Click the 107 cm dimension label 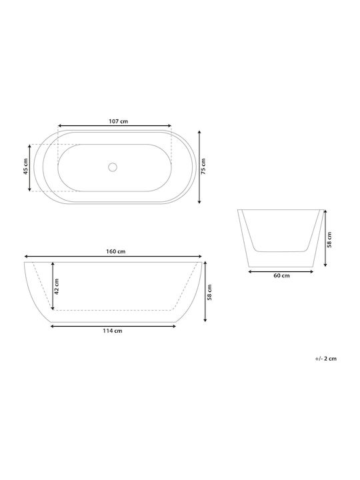pos(119,121)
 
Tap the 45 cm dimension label pos(26,166)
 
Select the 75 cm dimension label pos(203,166)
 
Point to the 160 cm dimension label pos(116,251)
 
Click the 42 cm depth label pos(57,286)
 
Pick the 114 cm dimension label pos(113,331)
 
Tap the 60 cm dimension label pos(281,275)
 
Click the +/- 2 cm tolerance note pos(326,359)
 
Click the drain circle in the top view pos(113,167)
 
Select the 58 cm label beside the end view pos(329,240)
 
